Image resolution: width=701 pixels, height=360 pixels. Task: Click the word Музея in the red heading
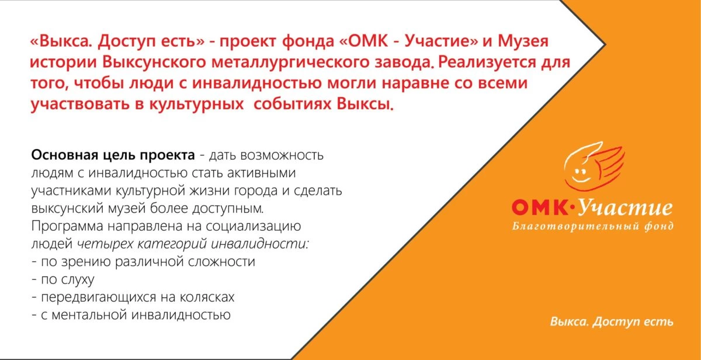coord(523,41)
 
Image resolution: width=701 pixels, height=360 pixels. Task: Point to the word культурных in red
coord(196,104)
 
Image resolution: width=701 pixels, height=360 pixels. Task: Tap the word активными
coord(261,173)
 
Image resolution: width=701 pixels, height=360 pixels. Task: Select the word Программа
coord(67,226)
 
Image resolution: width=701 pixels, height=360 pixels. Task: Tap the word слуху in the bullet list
coord(78,279)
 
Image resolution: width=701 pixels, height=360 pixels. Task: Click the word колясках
coord(207,297)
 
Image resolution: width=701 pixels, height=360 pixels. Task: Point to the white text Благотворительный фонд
coord(593,226)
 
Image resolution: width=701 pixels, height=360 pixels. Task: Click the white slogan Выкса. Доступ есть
coord(612,322)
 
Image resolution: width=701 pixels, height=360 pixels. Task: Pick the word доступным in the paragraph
coord(227,209)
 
